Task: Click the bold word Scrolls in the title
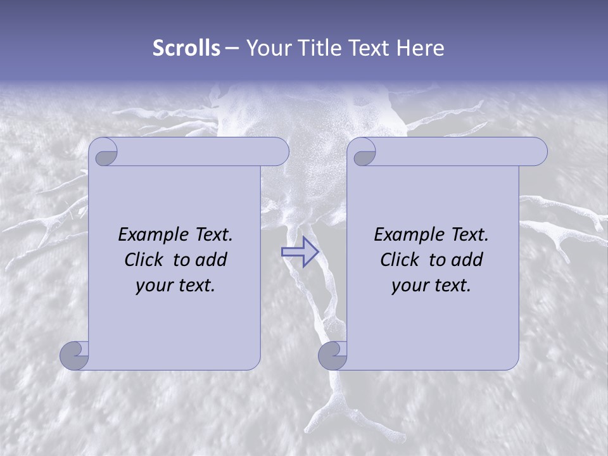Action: [186, 48]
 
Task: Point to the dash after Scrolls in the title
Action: [232, 48]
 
